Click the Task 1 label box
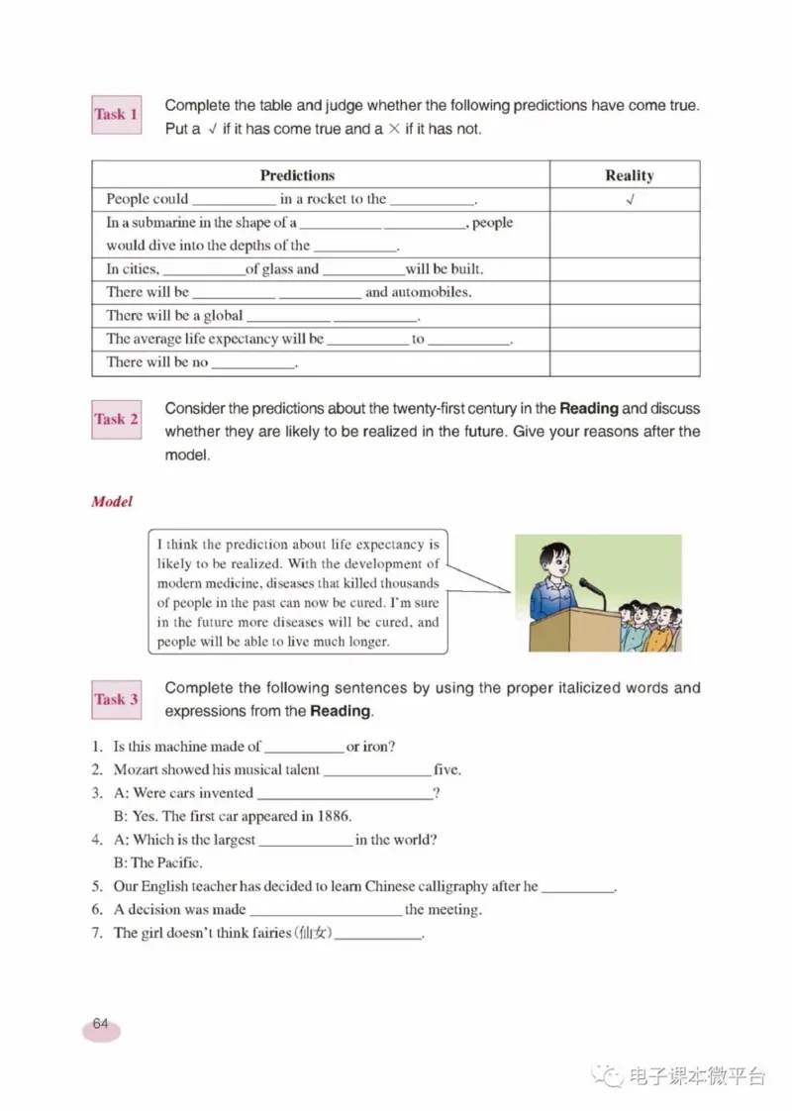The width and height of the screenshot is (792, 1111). click(116, 115)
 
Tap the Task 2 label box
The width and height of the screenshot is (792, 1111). click(116, 419)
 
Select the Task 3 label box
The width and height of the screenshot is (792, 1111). click(116, 699)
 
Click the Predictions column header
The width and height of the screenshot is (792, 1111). click(297, 175)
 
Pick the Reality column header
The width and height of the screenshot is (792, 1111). click(629, 175)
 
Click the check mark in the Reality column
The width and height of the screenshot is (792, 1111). click(630, 199)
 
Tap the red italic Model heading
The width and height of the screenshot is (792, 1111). click(112, 501)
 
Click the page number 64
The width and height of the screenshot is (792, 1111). click(101, 1024)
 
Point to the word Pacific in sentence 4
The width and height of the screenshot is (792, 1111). click(181, 862)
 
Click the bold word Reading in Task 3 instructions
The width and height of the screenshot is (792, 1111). click(341, 711)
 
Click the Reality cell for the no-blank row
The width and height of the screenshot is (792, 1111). click(625, 362)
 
